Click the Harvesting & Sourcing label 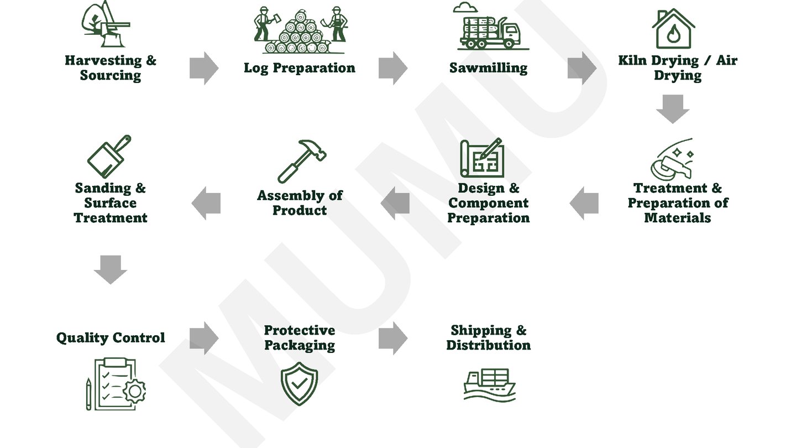(111, 68)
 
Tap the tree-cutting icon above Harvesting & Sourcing (106, 25)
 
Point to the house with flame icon (673, 29)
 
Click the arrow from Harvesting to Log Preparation (203, 68)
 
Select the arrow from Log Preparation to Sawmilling (392, 68)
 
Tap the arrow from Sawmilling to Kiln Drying (582, 68)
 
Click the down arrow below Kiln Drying (673, 108)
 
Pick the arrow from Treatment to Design (584, 203)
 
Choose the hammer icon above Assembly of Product (301, 160)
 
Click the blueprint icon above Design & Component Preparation (482, 158)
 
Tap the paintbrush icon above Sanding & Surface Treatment (109, 157)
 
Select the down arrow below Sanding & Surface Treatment (111, 269)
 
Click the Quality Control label (111, 338)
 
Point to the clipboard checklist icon (116, 384)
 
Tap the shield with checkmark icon (299, 383)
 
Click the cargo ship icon (489, 384)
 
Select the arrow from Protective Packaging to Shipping (392, 338)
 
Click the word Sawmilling (489, 68)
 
